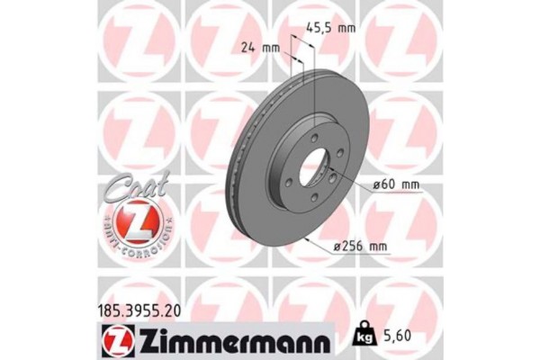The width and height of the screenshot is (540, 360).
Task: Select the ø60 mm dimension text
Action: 397,185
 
